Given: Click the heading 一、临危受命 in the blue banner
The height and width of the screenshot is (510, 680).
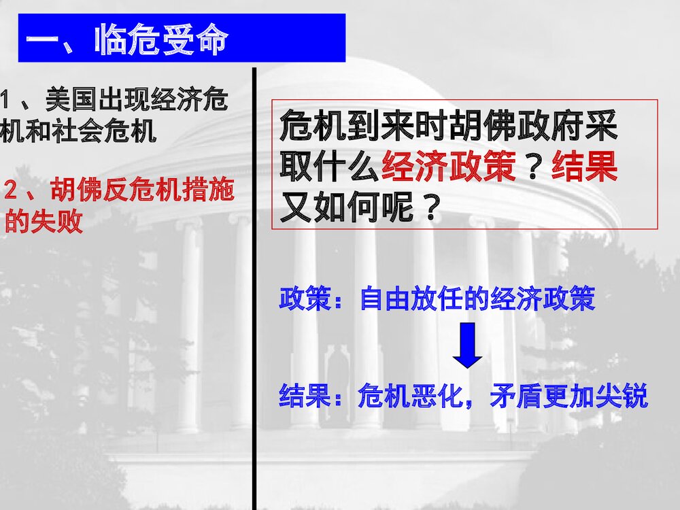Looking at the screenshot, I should (x=126, y=41).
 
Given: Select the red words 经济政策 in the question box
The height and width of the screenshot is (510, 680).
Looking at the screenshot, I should (x=449, y=165).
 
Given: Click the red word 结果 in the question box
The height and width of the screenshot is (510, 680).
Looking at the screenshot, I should (x=584, y=165).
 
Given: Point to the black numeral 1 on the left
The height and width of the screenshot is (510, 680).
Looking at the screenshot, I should (x=5, y=101).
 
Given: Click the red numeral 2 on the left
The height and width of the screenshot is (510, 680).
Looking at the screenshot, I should (x=10, y=191).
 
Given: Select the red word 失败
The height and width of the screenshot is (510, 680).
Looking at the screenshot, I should (x=57, y=222).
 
